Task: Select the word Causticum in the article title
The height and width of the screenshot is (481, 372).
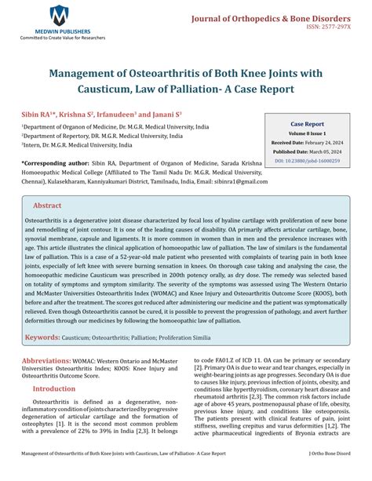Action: point(109,89)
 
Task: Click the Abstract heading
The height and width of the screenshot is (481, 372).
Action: point(47,205)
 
